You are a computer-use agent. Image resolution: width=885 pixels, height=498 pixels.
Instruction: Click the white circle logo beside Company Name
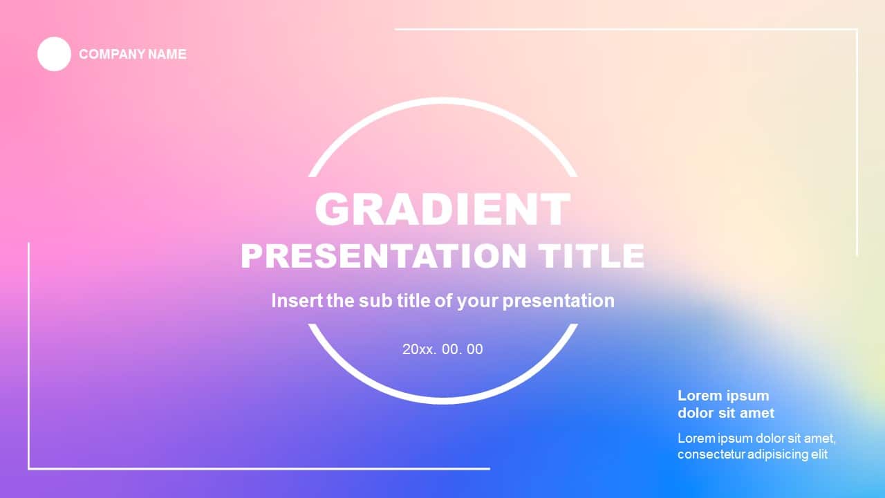pos(54,54)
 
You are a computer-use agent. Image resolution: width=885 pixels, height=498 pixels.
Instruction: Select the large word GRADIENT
pos(442,209)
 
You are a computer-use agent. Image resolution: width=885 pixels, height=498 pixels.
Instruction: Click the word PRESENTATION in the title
pos(383,256)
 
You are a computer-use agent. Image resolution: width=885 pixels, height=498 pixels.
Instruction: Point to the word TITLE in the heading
pos(592,256)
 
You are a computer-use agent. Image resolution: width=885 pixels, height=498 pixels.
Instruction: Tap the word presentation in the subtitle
pos(558,302)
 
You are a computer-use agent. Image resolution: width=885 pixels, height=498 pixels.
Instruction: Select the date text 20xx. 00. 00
pos(442,349)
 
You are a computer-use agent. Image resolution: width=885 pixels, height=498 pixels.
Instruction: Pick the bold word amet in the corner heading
pos(757,413)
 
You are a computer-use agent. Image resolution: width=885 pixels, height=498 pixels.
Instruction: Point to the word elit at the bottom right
pos(819,454)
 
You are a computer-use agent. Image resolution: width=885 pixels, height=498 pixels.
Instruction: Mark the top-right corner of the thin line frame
pos(857,29)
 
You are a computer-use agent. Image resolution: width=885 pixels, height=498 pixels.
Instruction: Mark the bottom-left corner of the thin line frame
pos(29,469)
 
